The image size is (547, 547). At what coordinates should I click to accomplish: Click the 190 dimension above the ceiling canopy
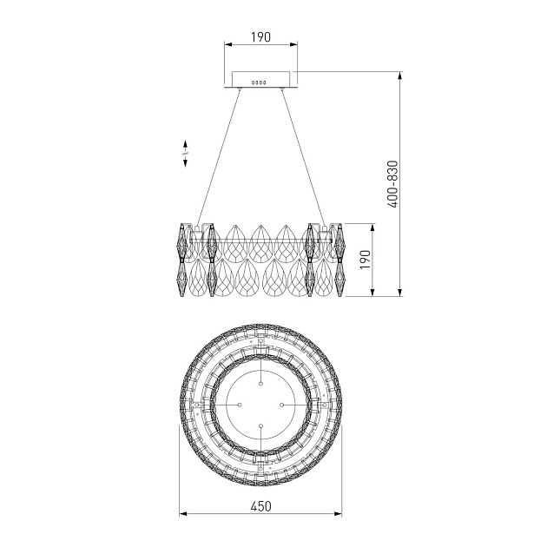(x=261, y=36)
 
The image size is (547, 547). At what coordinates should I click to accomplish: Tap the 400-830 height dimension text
(x=392, y=184)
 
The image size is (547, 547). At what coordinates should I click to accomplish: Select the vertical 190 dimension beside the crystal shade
(x=365, y=260)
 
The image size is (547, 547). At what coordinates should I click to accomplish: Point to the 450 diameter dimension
(x=261, y=506)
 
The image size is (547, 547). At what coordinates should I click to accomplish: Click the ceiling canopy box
(x=261, y=79)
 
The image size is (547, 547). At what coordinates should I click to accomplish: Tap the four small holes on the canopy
(x=259, y=82)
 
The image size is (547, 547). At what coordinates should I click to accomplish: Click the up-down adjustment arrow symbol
(x=185, y=154)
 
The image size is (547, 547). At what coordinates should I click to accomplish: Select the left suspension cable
(x=219, y=156)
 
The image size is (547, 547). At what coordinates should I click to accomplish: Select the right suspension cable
(x=303, y=156)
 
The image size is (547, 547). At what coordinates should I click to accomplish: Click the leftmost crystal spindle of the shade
(x=181, y=260)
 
